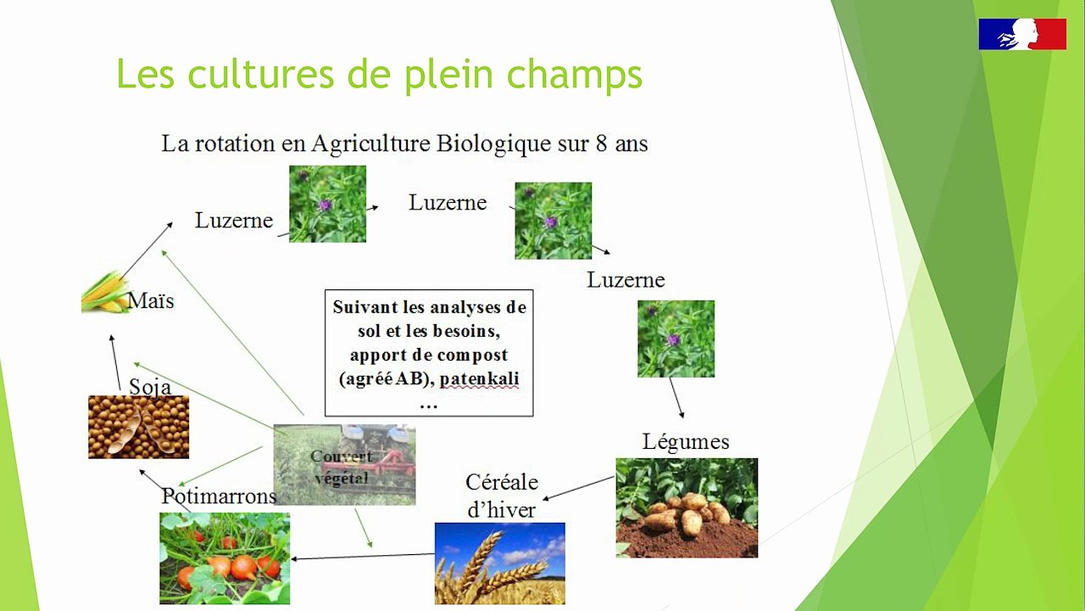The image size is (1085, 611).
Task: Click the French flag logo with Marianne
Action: click(1022, 34)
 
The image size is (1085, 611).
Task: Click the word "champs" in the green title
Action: click(575, 76)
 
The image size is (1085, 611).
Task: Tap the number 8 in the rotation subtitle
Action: click(601, 143)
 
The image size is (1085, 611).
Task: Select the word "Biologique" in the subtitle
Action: click(493, 144)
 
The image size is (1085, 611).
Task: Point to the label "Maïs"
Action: click(151, 300)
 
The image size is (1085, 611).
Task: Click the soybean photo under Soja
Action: click(138, 427)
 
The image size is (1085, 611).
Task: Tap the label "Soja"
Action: click(150, 387)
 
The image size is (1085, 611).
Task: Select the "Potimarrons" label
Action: click(219, 496)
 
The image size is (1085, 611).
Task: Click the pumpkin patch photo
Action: click(225, 558)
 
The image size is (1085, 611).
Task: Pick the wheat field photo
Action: click(500, 563)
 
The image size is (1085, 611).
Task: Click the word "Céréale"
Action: click(502, 483)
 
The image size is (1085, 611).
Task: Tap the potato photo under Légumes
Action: click(687, 507)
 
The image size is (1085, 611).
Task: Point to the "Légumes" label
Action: click(686, 442)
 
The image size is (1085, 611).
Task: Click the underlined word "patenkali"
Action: click(479, 378)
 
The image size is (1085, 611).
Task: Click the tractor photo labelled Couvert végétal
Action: click(344, 464)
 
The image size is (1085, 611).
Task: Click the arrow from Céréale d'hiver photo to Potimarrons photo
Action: click(363, 556)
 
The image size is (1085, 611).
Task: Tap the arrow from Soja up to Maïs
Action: click(116, 362)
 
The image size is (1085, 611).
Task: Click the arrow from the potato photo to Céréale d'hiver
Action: click(578, 488)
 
